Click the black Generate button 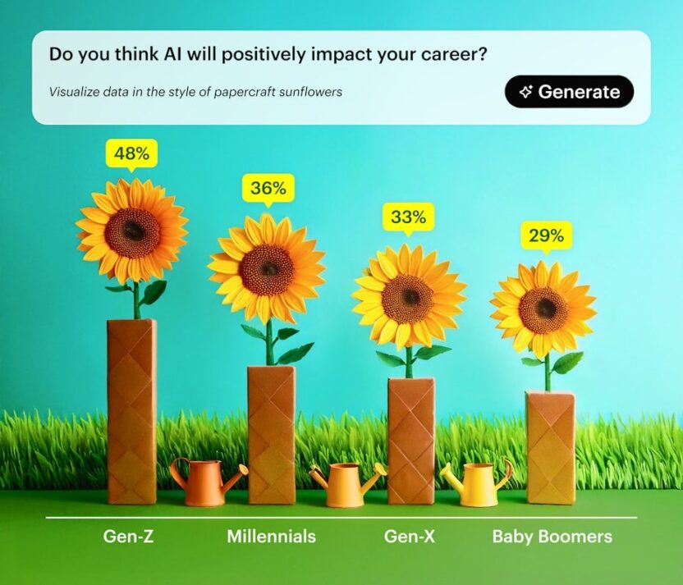click(x=569, y=91)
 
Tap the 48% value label click(x=131, y=153)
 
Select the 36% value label click(x=268, y=188)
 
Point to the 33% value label click(x=408, y=217)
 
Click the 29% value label click(x=546, y=236)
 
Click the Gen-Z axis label click(x=129, y=537)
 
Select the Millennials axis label click(x=271, y=537)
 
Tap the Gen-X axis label click(x=410, y=537)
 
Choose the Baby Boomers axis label click(x=552, y=537)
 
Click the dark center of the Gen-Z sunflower click(x=132, y=232)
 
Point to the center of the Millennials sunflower click(x=267, y=270)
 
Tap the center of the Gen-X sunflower click(x=408, y=299)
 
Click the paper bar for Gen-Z click(x=132, y=412)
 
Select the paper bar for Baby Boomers click(x=551, y=448)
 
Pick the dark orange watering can click(x=206, y=482)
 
